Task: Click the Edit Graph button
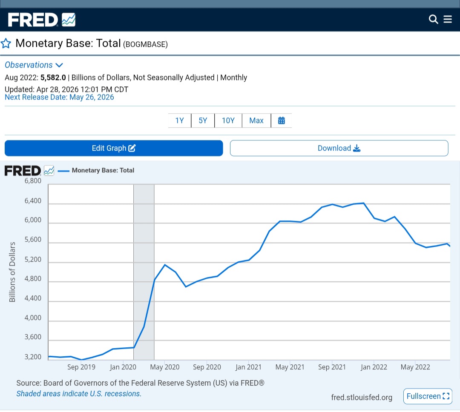pyautogui.click(x=114, y=148)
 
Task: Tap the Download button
pyautogui.click(x=339, y=148)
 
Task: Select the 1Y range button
pyautogui.click(x=180, y=120)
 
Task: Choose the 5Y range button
pyautogui.click(x=203, y=120)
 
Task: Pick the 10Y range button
pyautogui.click(x=228, y=120)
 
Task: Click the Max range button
pyautogui.click(x=256, y=120)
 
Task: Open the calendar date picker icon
pyautogui.click(x=282, y=120)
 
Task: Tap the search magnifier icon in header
pyautogui.click(x=433, y=19)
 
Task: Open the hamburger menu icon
pyautogui.click(x=448, y=19)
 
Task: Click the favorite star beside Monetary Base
pyautogui.click(x=6, y=43)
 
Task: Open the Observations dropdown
pyautogui.click(x=34, y=65)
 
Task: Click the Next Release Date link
pyautogui.click(x=59, y=97)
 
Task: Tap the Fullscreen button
pyautogui.click(x=428, y=396)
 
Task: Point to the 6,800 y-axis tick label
pyautogui.click(x=33, y=181)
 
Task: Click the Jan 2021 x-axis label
pyautogui.click(x=248, y=367)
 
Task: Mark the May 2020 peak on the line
pyautogui.click(x=165, y=265)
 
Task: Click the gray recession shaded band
pyautogui.click(x=144, y=272)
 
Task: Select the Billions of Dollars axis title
pyautogui.click(x=12, y=272)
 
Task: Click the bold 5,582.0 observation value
pyautogui.click(x=53, y=78)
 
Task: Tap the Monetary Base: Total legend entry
pyautogui.click(x=96, y=170)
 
